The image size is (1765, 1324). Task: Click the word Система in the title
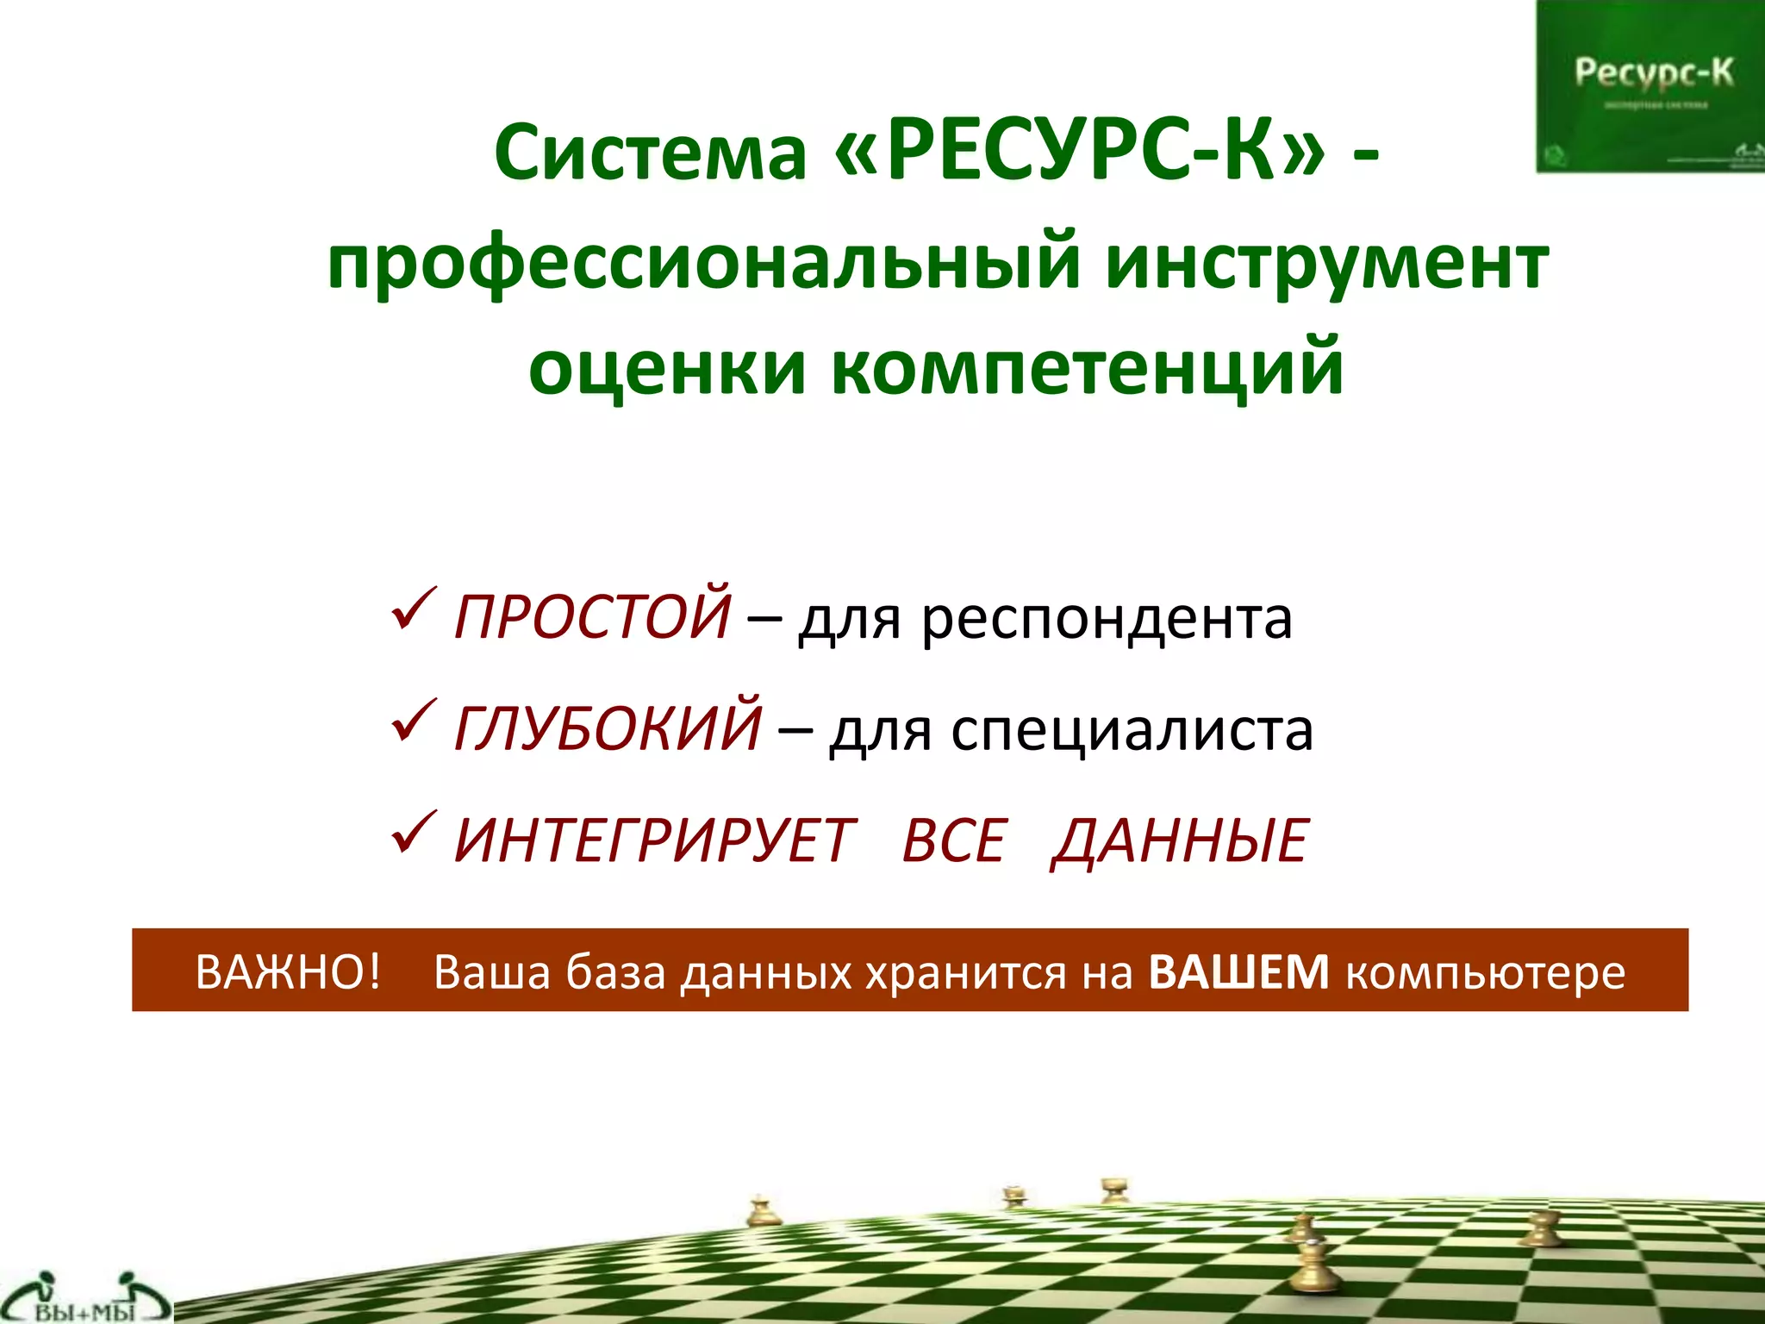click(x=651, y=153)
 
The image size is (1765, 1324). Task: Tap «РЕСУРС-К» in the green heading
click(x=1080, y=153)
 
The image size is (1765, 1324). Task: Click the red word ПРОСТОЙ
click(x=592, y=615)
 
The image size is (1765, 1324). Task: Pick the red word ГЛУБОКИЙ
click(x=608, y=727)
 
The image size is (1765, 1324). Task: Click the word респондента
click(x=1107, y=619)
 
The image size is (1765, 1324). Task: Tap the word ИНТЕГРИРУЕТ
click(x=655, y=840)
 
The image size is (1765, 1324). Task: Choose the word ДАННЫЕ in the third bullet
click(x=1181, y=840)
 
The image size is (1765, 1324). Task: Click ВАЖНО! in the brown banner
click(x=288, y=972)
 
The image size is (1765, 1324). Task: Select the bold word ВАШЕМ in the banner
click(x=1239, y=972)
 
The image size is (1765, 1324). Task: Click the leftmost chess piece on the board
click(x=762, y=1211)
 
